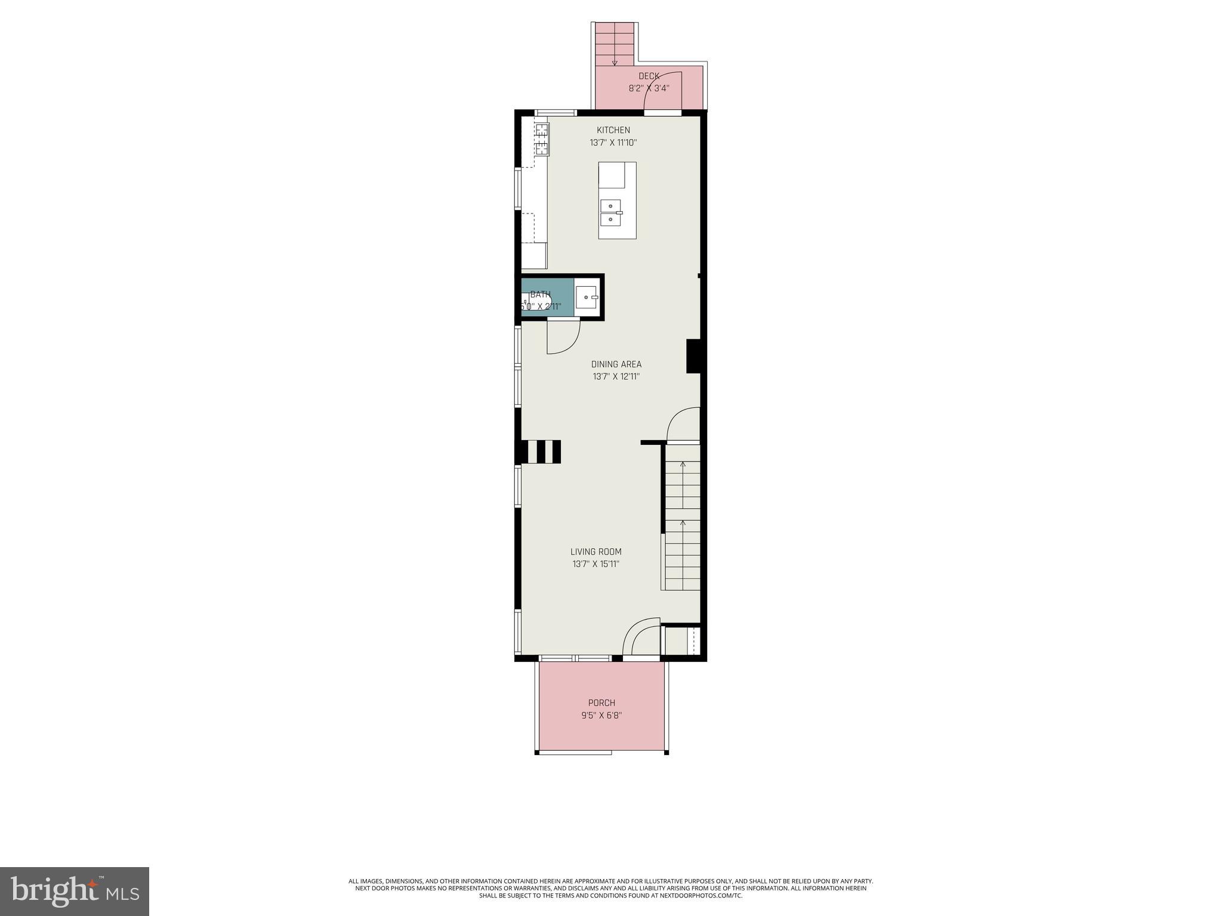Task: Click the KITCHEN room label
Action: coord(613,130)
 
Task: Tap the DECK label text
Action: coord(649,76)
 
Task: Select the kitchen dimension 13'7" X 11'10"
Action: coord(613,143)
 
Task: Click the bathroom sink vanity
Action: coord(587,296)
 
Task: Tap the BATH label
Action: coord(541,294)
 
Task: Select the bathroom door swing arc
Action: coord(563,338)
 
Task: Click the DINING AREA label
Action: coord(616,364)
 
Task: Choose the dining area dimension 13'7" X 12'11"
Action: coord(616,376)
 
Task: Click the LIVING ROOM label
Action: coord(595,552)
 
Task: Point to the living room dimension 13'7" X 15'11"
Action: coord(595,564)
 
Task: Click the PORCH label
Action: coord(601,703)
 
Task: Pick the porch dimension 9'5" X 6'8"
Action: coord(601,715)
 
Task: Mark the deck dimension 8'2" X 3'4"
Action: coord(649,88)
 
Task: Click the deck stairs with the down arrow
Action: coord(615,44)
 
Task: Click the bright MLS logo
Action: coord(75,891)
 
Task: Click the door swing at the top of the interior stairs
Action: coord(683,425)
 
